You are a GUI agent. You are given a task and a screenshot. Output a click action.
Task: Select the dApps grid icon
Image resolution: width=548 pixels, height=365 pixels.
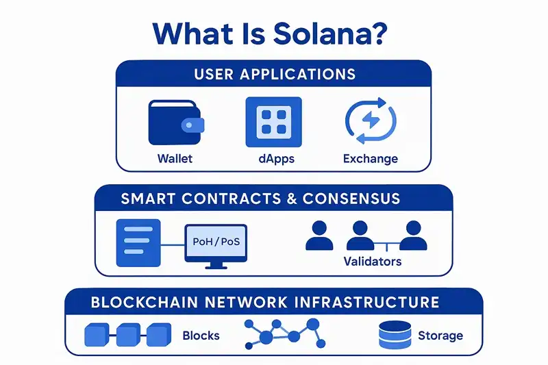pyautogui.click(x=273, y=122)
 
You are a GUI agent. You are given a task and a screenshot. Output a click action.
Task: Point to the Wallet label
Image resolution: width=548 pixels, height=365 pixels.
pyautogui.click(x=175, y=159)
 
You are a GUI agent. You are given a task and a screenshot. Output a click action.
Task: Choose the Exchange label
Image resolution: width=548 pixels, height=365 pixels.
pyautogui.click(x=370, y=159)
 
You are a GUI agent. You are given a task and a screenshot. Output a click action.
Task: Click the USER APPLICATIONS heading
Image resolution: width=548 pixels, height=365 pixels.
pyautogui.click(x=273, y=74)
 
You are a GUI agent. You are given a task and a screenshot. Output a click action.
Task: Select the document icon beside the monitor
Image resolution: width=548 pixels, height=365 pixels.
pyautogui.click(x=138, y=242)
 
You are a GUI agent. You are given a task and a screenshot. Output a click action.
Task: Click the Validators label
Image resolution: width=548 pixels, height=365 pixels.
pyautogui.click(x=372, y=262)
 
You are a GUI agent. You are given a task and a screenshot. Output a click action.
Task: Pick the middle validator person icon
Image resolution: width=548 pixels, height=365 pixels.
pyautogui.click(x=360, y=235)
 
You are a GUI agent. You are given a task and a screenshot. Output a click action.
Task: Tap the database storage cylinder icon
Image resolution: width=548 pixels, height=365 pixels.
pyautogui.click(x=393, y=335)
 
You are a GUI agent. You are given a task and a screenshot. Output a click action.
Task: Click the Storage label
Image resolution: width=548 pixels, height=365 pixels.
pyautogui.click(x=440, y=336)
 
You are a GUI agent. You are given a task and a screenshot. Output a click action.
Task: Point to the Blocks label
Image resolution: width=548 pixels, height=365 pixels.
pyautogui.click(x=201, y=336)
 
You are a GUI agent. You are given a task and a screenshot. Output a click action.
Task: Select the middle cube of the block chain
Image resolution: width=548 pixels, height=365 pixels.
pyautogui.click(x=127, y=335)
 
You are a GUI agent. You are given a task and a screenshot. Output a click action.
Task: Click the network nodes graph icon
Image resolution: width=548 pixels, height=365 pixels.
pyautogui.click(x=282, y=335)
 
